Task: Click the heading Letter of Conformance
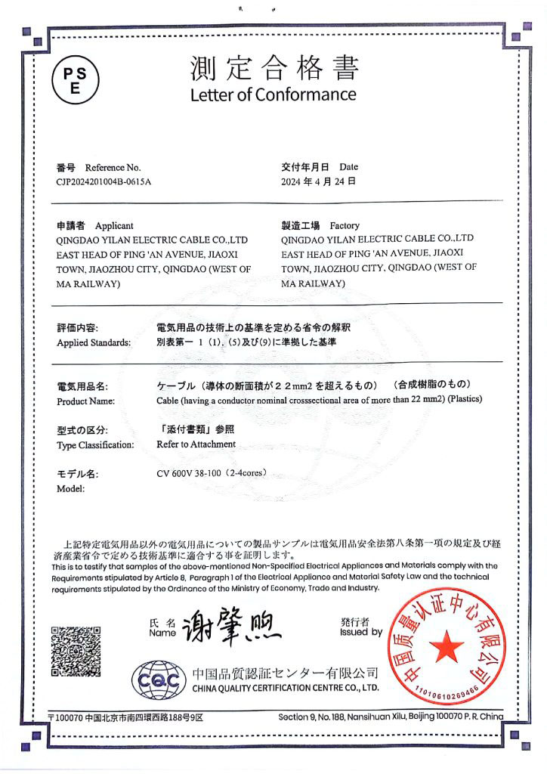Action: (273, 94)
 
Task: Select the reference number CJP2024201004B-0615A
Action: (104, 181)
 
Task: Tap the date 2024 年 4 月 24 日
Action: (318, 181)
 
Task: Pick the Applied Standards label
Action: (94, 342)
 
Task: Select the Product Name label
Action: (85, 401)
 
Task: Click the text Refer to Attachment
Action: (196, 444)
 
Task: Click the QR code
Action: (76, 652)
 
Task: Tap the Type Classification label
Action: (95, 444)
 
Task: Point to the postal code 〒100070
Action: (66, 717)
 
